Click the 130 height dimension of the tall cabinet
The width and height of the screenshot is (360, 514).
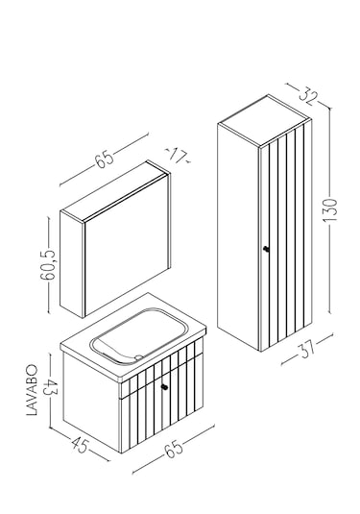click(330, 209)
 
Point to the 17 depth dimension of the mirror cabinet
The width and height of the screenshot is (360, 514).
click(178, 155)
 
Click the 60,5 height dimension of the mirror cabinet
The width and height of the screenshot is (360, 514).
click(48, 265)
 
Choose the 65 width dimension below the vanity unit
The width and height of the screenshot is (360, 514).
click(174, 449)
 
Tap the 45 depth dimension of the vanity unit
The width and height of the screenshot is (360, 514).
click(80, 445)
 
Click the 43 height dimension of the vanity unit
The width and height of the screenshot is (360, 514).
click(50, 387)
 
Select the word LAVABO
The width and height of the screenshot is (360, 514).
click(32, 390)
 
